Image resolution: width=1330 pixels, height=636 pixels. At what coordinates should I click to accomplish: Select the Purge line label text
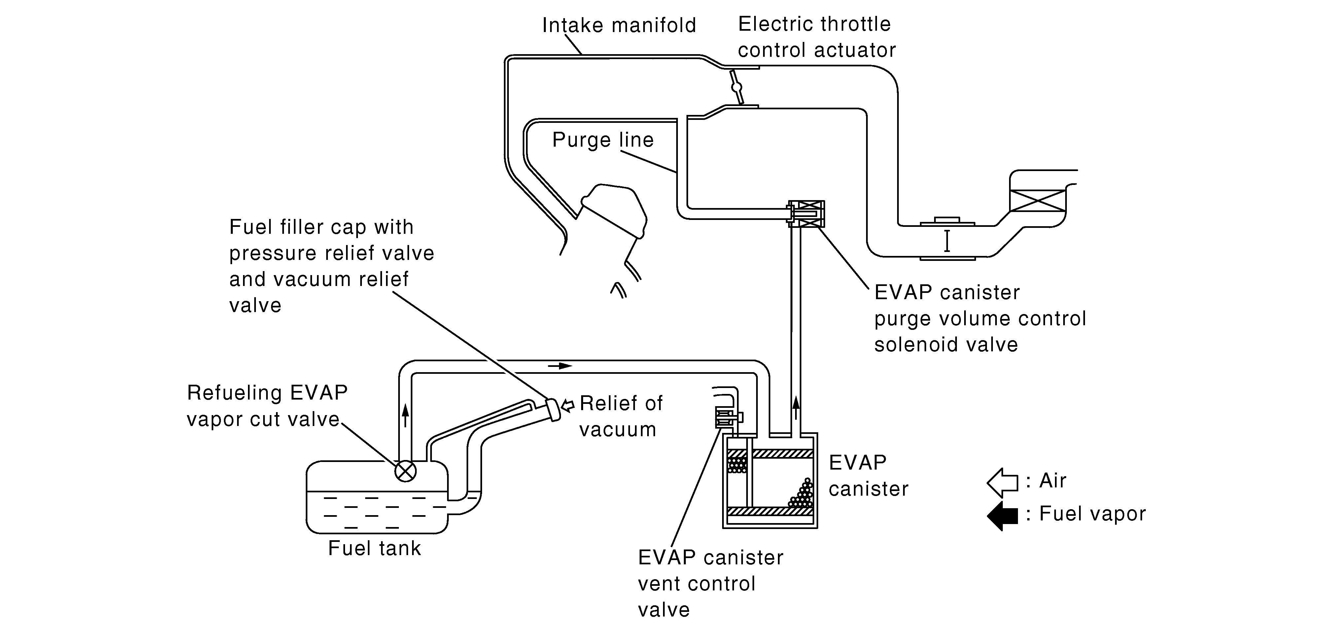[603, 140]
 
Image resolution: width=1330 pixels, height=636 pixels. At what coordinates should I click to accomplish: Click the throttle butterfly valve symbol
[736, 87]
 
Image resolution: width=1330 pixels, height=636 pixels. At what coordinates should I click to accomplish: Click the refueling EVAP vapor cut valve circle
[405, 471]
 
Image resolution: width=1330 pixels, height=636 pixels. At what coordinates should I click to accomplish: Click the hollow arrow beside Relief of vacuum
[567, 406]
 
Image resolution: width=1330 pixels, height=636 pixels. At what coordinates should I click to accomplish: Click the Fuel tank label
[374, 548]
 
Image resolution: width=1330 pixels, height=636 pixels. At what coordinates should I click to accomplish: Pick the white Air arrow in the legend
[1002, 483]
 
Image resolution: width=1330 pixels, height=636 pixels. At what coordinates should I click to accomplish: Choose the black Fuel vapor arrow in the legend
[1002, 516]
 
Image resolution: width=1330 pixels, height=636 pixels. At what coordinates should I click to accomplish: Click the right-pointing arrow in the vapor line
[560, 366]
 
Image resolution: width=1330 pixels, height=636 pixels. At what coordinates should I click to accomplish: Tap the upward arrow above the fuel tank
[405, 415]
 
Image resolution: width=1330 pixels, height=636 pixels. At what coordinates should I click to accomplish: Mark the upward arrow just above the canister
[796, 407]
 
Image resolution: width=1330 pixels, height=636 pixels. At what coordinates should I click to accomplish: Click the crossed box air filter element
[1037, 200]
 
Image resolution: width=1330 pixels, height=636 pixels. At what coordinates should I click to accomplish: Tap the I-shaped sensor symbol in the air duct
[947, 241]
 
